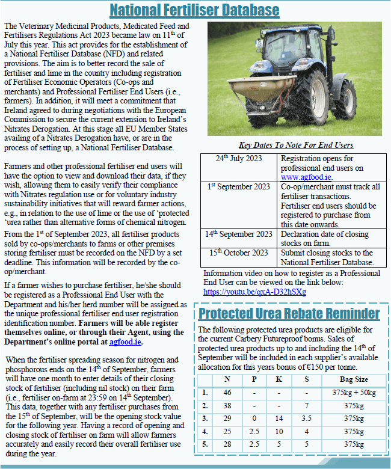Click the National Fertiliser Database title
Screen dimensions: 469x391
(x=195, y=10)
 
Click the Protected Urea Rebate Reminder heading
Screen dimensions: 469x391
(x=289, y=313)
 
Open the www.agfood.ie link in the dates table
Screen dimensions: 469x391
(x=306, y=177)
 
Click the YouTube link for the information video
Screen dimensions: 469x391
(x=254, y=292)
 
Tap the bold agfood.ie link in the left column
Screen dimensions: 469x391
(x=126, y=342)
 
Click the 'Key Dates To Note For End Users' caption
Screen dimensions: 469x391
(x=295, y=145)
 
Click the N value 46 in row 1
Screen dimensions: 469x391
(x=227, y=393)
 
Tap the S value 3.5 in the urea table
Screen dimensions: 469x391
(x=306, y=418)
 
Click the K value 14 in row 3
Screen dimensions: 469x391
(x=279, y=418)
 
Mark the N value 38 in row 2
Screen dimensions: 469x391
(x=227, y=406)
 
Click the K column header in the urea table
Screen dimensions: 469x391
(x=279, y=379)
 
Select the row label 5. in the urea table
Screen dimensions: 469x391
(x=206, y=444)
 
